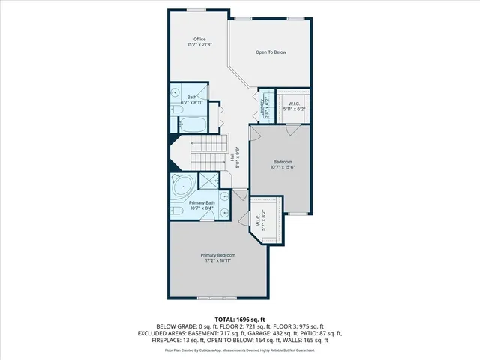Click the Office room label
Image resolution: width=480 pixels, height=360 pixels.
[x=199, y=39]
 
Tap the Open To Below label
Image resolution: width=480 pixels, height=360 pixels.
[x=271, y=52]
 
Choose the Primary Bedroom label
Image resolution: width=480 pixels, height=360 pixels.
[x=218, y=256]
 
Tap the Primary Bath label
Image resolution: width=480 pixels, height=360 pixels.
[x=202, y=203]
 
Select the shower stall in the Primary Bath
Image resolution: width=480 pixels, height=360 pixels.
[x=211, y=181]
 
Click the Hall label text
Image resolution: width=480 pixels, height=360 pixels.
[x=232, y=157]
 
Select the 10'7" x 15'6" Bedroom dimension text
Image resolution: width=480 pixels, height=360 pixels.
[x=283, y=167]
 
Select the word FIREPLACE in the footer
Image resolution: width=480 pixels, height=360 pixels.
[x=155, y=340]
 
